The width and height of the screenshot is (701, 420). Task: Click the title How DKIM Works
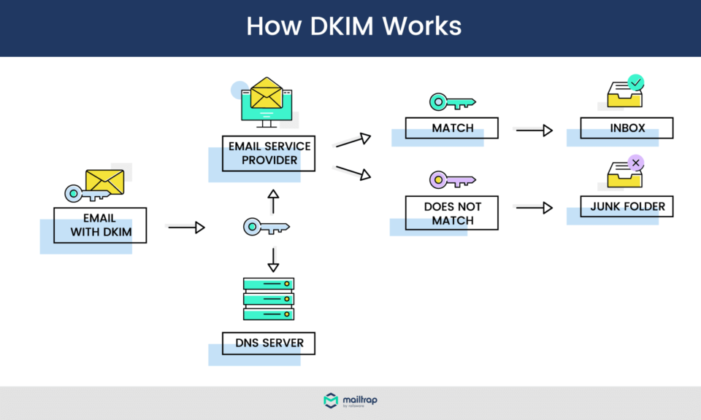(x=353, y=26)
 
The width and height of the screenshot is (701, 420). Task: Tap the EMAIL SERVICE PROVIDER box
(x=269, y=153)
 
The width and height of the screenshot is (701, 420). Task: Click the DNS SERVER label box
(x=269, y=343)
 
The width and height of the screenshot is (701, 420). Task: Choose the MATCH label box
(x=452, y=128)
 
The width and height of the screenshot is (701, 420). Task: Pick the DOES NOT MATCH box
(x=452, y=213)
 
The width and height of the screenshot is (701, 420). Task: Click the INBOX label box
(x=627, y=128)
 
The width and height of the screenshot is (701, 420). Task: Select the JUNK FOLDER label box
(x=627, y=206)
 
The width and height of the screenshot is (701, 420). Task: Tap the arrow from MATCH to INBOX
(x=534, y=131)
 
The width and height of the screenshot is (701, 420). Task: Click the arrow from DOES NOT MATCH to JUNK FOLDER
(x=534, y=208)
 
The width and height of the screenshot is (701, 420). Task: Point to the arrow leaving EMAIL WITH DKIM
(x=186, y=227)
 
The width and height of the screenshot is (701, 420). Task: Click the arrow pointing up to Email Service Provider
(x=273, y=201)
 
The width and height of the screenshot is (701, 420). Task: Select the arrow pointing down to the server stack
(x=273, y=260)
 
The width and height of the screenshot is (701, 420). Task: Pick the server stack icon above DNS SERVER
(x=269, y=299)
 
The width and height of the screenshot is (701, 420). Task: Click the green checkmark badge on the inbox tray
(x=636, y=82)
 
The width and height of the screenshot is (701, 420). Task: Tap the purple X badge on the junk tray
(x=636, y=162)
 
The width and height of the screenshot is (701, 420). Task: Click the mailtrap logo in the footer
(x=350, y=401)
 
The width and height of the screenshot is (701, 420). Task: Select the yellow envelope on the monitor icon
(x=266, y=93)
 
